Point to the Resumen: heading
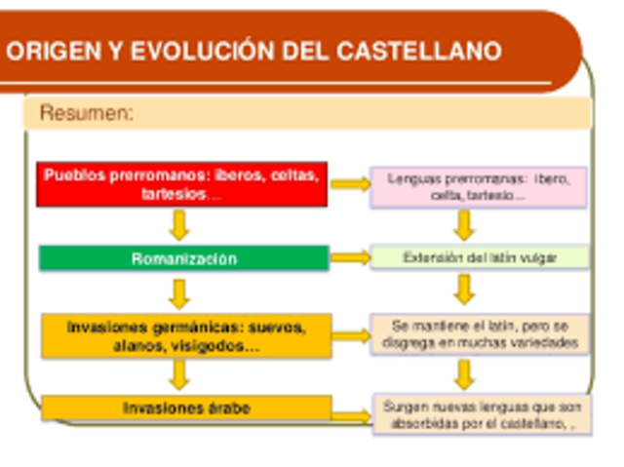(86, 114)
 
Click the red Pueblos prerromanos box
(182, 184)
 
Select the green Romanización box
(183, 258)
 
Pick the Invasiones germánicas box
(185, 335)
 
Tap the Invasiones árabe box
(185, 408)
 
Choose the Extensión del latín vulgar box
(479, 258)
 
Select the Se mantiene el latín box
(479, 334)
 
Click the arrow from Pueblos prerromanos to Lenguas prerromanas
(349, 183)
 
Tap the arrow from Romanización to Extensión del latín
(350, 258)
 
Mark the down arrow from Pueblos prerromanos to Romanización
(177, 225)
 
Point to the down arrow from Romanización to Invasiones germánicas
(178, 292)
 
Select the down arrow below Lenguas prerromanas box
(465, 225)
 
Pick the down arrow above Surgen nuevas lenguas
(465, 374)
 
